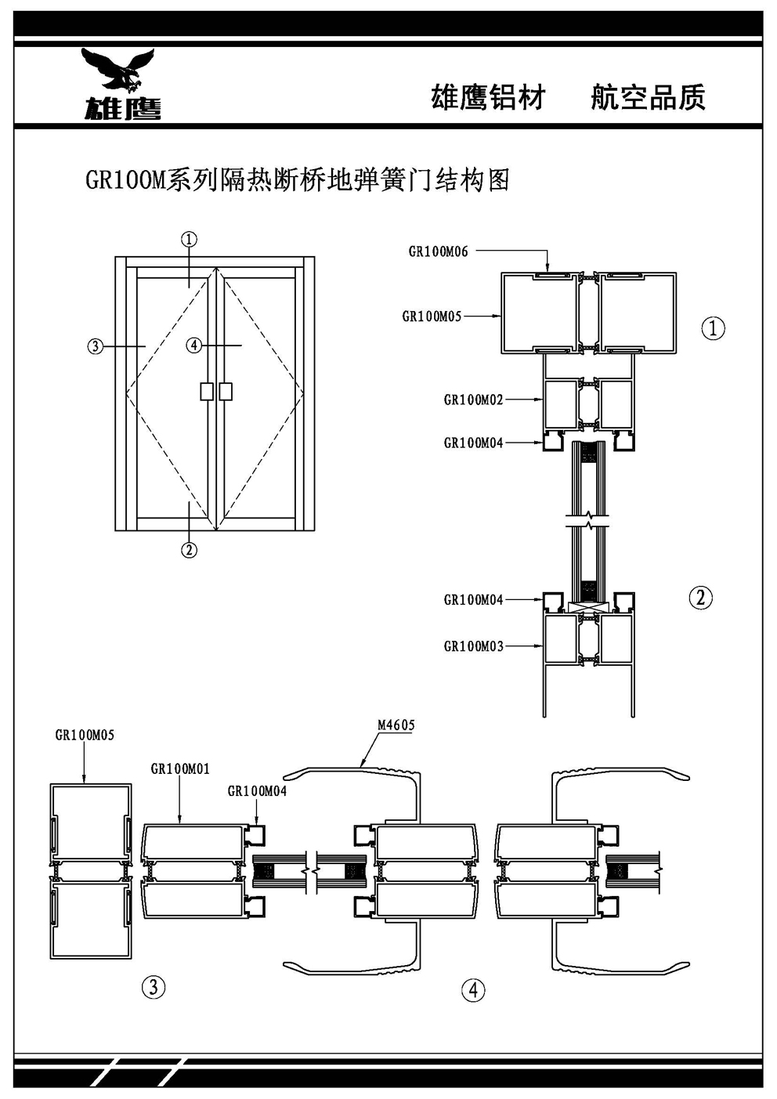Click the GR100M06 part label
click(438, 251)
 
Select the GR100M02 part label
click(473, 399)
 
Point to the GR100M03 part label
click(473, 646)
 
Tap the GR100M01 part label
click(180, 769)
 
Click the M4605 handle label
click(396, 725)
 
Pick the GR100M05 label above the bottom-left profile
click(85, 736)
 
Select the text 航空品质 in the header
click(648, 98)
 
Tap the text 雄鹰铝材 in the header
click(488, 98)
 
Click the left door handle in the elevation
click(206, 391)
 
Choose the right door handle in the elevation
click(226, 391)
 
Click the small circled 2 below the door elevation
click(189, 549)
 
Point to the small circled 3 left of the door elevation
click(95, 345)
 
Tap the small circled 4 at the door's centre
click(195, 345)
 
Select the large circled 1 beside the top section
click(713, 328)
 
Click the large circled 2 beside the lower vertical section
click(700, 598)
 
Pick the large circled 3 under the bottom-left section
click(154, 987)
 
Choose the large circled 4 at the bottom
click(473, 990)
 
